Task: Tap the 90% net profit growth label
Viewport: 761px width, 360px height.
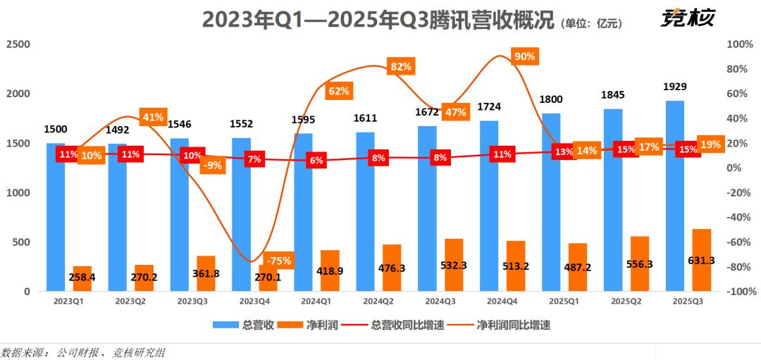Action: pos(525,56)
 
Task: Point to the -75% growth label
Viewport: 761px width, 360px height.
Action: pos(279,260)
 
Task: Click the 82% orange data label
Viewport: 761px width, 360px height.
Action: pos(401,67)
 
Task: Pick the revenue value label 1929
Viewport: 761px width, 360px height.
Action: pos(675,87)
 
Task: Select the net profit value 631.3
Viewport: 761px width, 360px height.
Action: pos(701,260)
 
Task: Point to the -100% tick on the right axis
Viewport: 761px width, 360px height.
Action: pos(739,292)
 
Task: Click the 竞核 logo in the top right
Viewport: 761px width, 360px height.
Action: pos(688,18)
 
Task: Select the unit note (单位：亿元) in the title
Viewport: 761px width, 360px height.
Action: pos(592,23)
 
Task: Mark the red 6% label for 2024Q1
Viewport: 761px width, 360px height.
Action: pos(316,161)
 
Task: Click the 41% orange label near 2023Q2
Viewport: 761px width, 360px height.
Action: pos(153,117)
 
